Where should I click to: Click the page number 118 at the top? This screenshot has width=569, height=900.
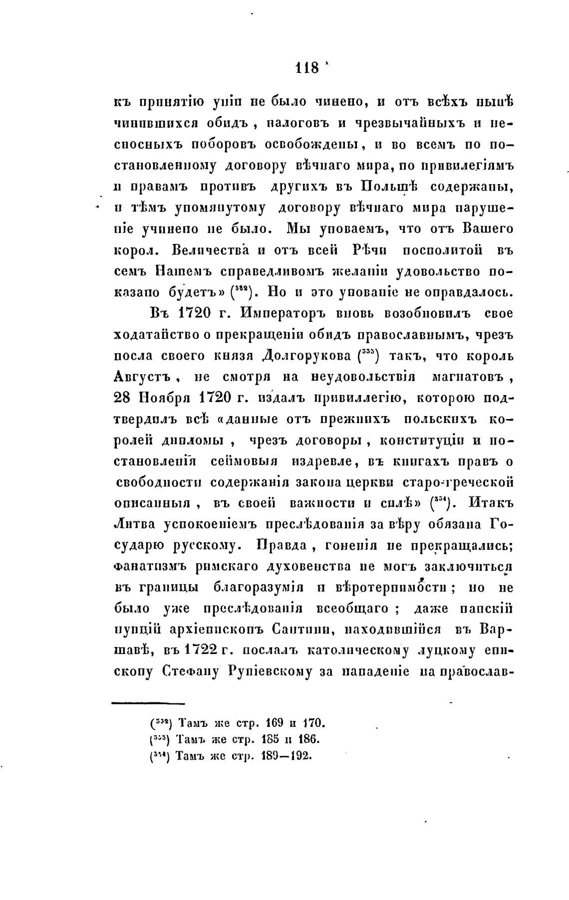pos(307,67)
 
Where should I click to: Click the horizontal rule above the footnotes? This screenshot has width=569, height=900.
pos(148,704)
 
